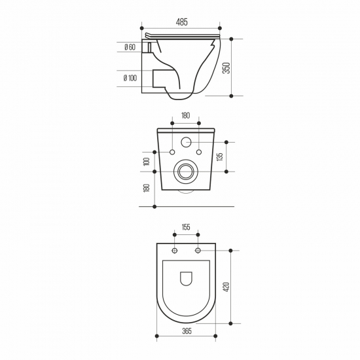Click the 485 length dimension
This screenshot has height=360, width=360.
[181, 22]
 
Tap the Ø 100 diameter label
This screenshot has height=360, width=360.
[130, 79]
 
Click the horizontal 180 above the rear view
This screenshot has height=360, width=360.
[185, 116]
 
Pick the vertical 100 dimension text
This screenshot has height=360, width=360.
[147, 161]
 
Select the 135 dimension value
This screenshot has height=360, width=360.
[220, 156]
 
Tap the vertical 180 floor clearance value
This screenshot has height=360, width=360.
[147, 188]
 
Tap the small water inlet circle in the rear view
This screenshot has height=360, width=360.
[185, 141]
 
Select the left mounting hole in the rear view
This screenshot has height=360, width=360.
[172, 152]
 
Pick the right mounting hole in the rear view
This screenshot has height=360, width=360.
[198, 152]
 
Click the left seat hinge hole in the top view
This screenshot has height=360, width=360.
[174, 251]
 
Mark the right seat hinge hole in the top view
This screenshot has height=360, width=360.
[196, 251]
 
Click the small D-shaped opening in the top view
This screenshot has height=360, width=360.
[185, 277]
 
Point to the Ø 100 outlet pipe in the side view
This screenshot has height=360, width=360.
[159, 79]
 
